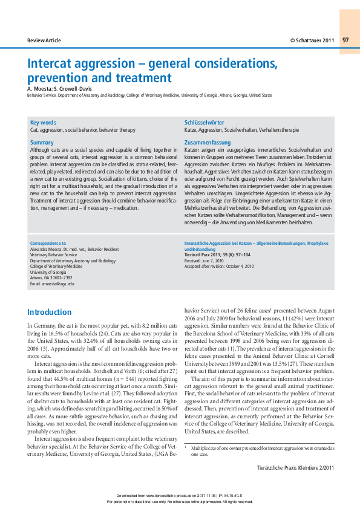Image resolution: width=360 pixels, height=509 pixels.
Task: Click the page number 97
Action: [x=345, y=40]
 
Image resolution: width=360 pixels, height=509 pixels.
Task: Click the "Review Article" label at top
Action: [x=44, y=40]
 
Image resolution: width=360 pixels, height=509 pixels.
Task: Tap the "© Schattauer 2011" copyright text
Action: [x=312, y=40]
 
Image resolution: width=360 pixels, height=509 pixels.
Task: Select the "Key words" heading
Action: [x=43, y=122]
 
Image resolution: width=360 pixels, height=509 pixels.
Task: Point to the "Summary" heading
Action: [x=42, y=143]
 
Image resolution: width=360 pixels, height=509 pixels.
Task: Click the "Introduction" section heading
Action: [x=49, y=313]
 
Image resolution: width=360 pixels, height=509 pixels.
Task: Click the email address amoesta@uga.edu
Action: [x=52, y=284]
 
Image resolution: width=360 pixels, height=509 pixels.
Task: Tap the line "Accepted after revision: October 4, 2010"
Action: [x=219, y=267]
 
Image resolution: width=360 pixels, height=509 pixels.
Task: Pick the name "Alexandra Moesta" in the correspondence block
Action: [x=47, y=249]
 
